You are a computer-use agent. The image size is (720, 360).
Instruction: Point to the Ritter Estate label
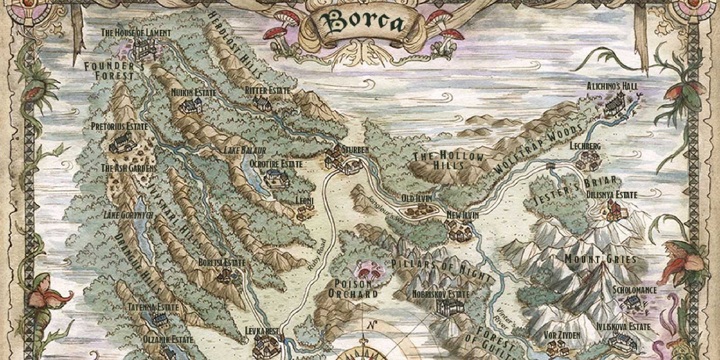(x=267, y=90)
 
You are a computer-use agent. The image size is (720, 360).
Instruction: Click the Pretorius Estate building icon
(x=121, y=142)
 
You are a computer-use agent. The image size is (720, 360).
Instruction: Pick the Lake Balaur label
(x=245, y=150)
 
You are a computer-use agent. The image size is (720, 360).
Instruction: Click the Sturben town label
(x=355, y=149)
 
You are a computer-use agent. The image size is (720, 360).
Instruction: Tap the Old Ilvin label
(x=417, y=199)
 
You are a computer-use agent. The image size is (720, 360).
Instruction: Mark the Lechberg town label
(x=585, y=146)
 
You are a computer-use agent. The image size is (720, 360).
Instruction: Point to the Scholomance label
(x=634, y=290)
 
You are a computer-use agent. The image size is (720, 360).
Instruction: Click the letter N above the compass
(x=371, y=325)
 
